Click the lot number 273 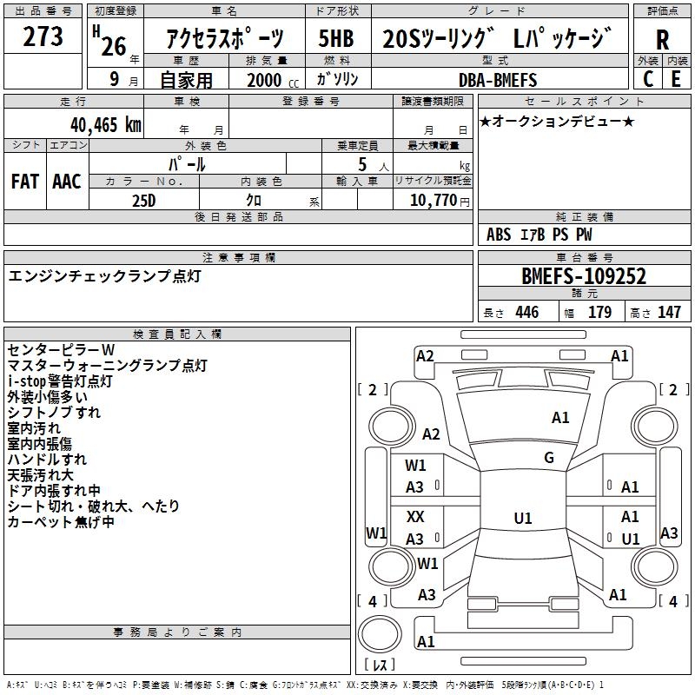43,36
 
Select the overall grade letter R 662,40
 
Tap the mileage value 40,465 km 105,125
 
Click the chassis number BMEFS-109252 584,276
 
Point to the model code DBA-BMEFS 497,80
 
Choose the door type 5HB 336,38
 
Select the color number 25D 144,201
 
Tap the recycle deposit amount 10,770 433,201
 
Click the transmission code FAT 25,182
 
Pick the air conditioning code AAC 67,182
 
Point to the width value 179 599,312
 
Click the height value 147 669,312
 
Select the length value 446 527,312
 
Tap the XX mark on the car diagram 415,517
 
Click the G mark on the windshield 549,458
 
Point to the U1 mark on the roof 523,518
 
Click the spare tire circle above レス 380,634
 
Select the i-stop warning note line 60,381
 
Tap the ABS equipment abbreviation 499,235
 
